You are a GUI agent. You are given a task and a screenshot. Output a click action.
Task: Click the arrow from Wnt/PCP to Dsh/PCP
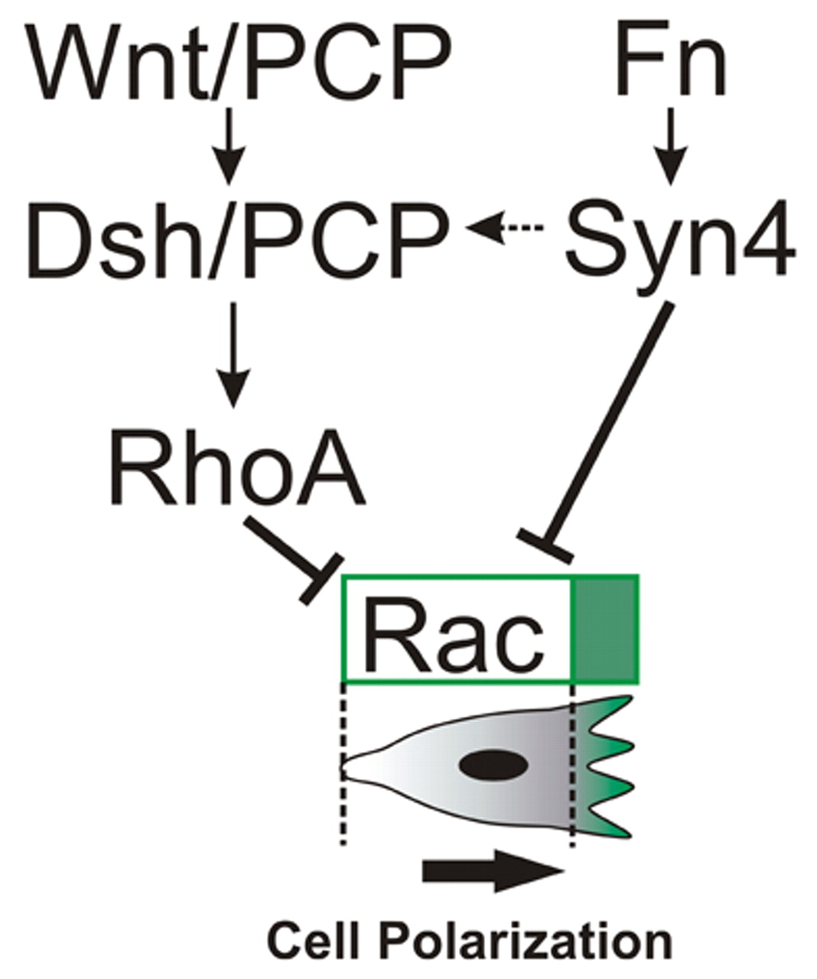point(229,150)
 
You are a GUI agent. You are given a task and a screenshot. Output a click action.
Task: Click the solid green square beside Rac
point(606,629)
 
